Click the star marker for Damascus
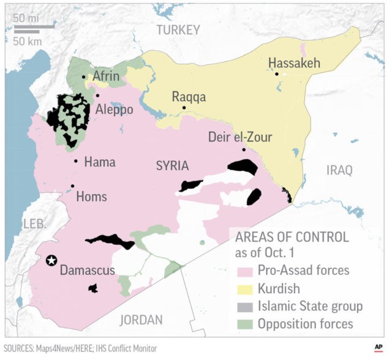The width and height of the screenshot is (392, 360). click(52, 260)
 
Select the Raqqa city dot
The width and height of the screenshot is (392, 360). click(184, 108)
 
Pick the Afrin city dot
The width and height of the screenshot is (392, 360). click(84, 77)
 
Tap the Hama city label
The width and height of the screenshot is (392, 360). click(100, 162)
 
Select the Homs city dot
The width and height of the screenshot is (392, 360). click(73, 186)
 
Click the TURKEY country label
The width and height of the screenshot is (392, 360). click(178, 30)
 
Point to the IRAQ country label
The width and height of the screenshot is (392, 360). click(339, 170)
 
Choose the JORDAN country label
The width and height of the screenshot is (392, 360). click(141, 319)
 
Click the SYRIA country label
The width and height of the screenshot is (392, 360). click(171, 166)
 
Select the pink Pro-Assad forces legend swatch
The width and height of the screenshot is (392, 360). click(243, 270)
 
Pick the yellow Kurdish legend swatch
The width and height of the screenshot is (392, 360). click(243, 288)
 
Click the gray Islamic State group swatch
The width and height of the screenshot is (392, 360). click(243, 306)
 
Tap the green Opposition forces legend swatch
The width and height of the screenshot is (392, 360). click(243, 324)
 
